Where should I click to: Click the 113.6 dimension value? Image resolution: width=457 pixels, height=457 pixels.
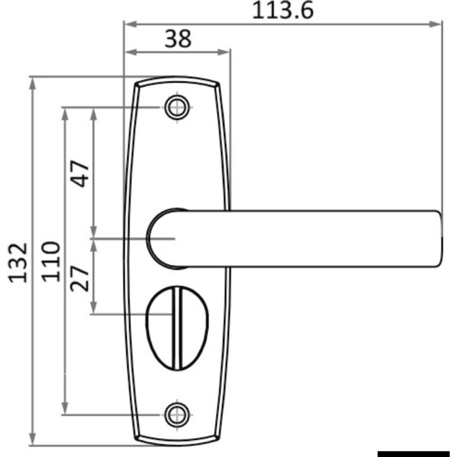click(x=283, y=11)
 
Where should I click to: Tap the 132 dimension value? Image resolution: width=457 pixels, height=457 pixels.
click(x=19, y=262)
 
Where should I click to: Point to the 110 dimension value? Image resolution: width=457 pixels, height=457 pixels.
click(x=51, y=262)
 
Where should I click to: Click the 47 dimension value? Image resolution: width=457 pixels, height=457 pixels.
click(x=79, y=174)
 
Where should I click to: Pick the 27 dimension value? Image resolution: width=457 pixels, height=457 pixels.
click(x=79, y=279)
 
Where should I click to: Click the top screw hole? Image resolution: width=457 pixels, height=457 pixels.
click(x=176, y=107)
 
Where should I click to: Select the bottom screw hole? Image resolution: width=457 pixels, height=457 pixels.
click(x=176, y=414)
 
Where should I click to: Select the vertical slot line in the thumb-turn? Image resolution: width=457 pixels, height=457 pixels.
click(x=177, y=329)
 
